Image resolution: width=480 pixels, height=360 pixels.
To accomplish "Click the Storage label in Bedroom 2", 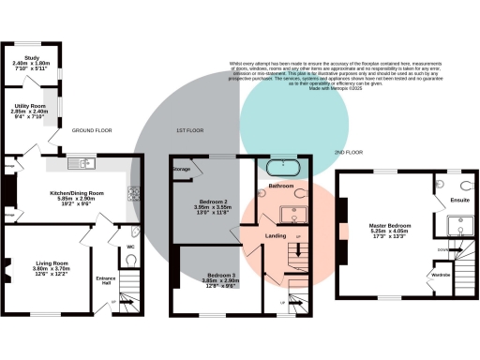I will (x=182, y=170).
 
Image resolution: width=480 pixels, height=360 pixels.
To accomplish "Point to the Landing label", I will (x=276, y=235).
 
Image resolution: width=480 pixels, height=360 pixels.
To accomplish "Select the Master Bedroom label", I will (x=379, y=226).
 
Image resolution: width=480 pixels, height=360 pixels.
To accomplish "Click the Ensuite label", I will (x=460, y=200).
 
